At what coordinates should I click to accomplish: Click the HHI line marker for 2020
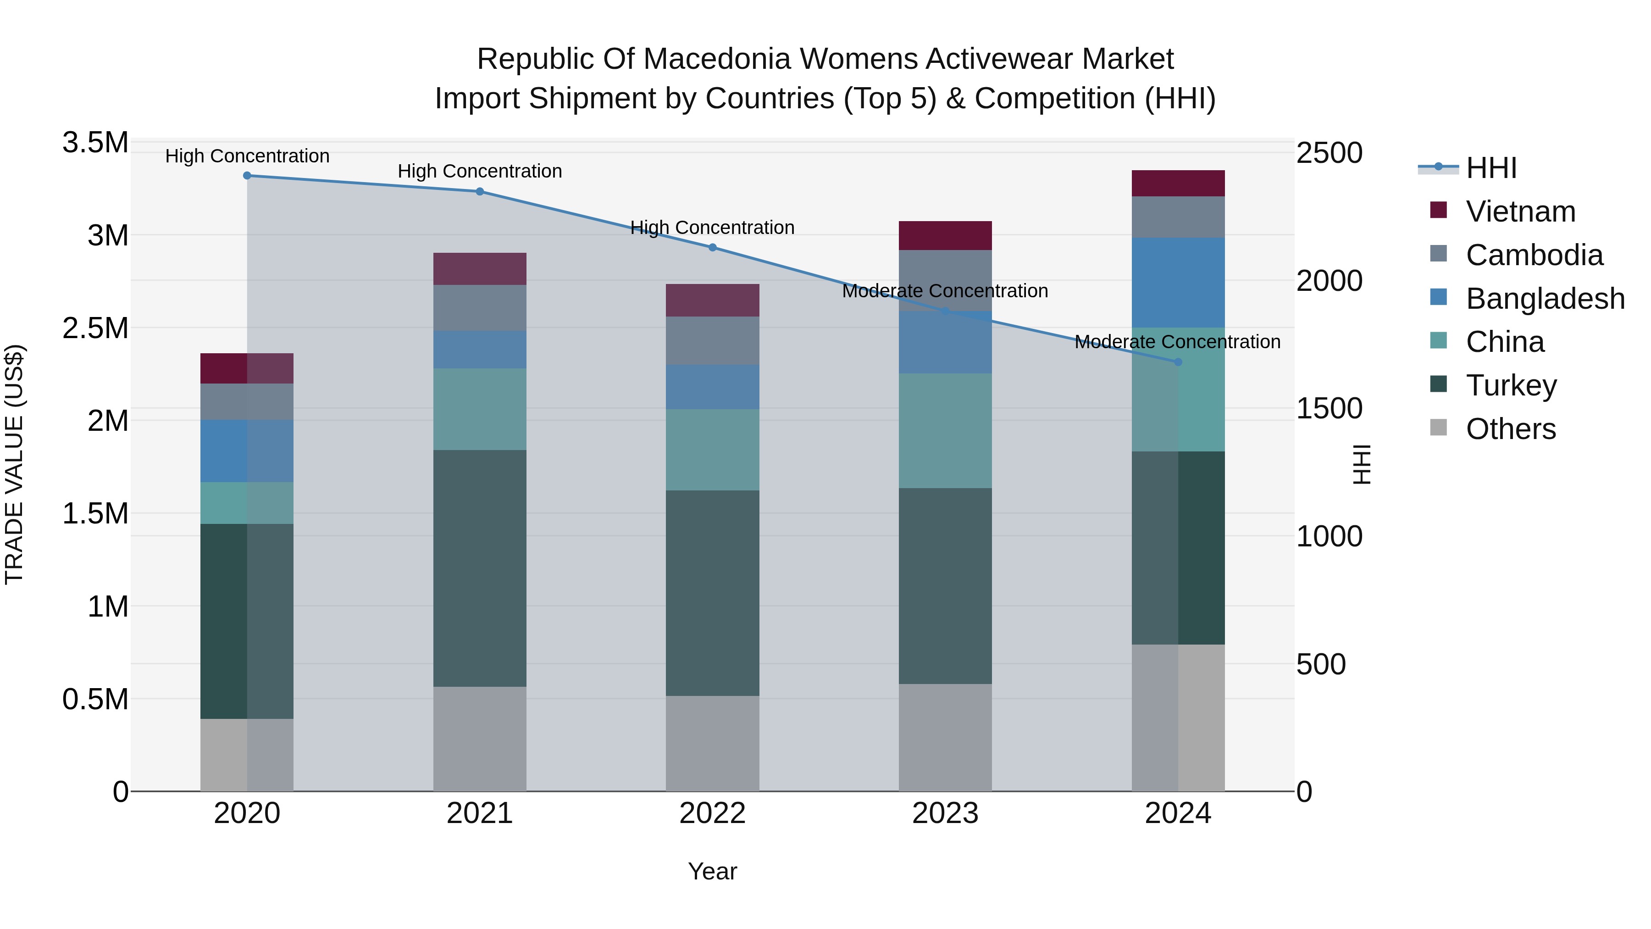[247, 176]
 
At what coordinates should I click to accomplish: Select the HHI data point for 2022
[713, 247]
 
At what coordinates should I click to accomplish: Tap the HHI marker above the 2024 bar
[1178, 362]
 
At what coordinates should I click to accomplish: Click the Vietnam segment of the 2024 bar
[1178, 184]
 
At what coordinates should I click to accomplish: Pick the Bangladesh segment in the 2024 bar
[1178, 283]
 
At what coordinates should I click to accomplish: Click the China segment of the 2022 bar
[713, 450]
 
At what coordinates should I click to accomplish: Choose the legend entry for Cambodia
[1534, 255]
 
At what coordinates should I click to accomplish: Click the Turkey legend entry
[1511, 385]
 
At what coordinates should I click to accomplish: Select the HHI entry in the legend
[1491, 168]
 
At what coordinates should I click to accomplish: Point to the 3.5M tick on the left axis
[95, 142]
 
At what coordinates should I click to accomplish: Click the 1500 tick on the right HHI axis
[1329, 408]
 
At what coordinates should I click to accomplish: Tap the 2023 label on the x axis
[945, 813]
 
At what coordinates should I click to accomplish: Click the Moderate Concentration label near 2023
[945, 291]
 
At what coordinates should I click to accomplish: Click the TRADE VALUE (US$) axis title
[14, 464]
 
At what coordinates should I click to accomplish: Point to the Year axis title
[712, 871]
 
